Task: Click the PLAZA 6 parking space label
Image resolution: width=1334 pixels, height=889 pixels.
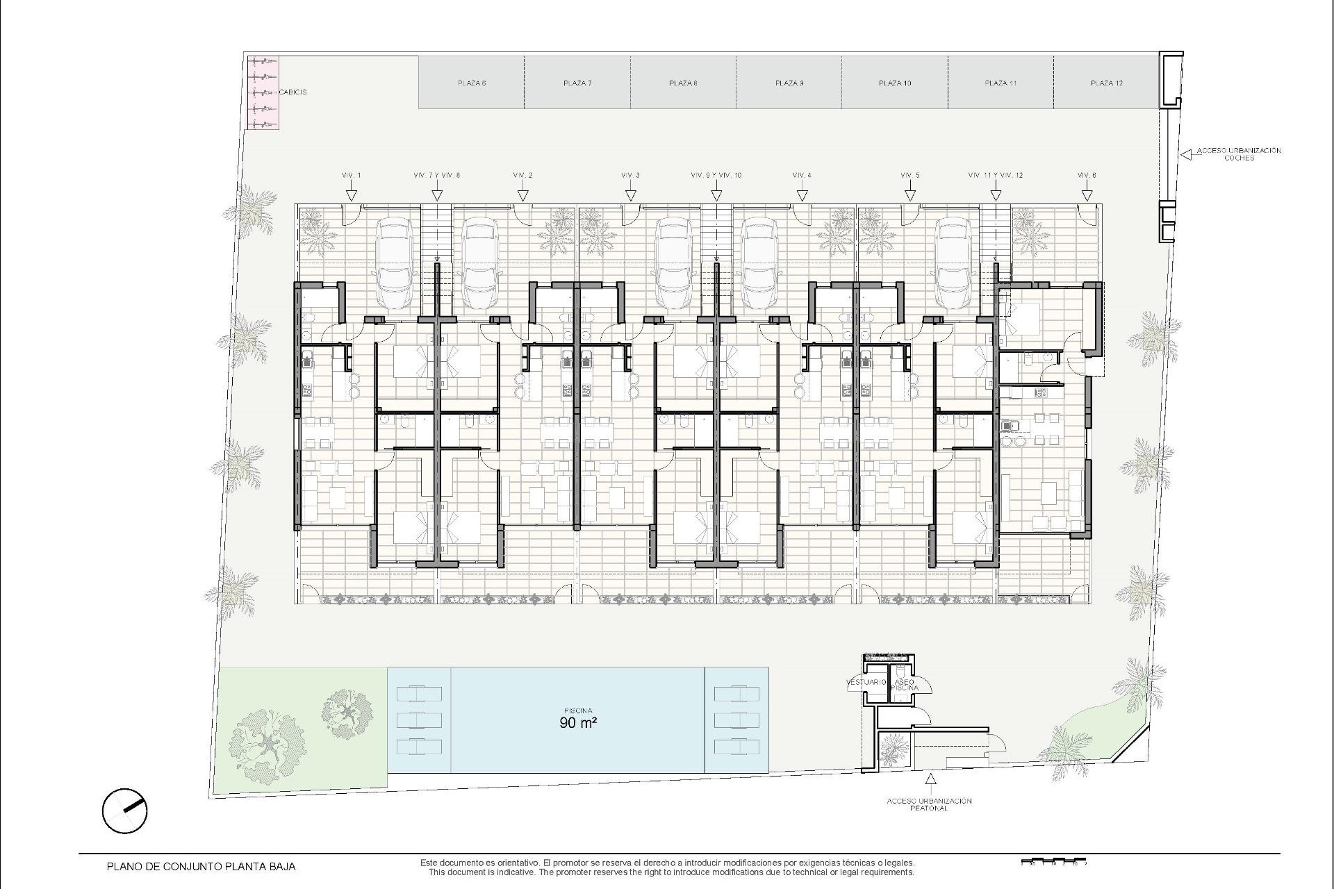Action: [x=472, y=83]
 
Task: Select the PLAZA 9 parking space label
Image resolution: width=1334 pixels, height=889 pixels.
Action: [x=789, y=83]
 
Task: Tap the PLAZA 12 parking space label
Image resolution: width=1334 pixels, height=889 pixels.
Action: [x=1107, y=83]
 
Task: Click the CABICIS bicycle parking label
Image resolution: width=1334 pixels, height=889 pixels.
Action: [x=293, y=92]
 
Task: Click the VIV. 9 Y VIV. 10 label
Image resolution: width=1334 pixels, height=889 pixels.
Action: [x=716, y=175]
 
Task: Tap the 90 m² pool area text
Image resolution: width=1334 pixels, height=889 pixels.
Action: [x=578, y=722]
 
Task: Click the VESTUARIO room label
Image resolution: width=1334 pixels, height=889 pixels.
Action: [x=866, y=683]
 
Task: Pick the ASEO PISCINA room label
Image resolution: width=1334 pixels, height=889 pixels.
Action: [x=905, y=685]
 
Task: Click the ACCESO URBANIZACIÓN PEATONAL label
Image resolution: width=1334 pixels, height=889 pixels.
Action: [x=929, y=804]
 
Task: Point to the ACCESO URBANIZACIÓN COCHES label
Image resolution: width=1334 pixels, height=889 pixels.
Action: [x=1239, y=154]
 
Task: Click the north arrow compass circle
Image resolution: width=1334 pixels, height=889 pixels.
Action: [x=124, y=810]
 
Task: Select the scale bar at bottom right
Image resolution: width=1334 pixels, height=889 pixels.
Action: [x=1053, y=863]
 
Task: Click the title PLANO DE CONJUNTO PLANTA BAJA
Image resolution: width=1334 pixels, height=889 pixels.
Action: [x=201, y=867]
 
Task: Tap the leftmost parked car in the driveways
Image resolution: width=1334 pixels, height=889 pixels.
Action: [x=394, y=263]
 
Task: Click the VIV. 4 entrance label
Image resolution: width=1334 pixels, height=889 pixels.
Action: [x=802, y=175]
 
